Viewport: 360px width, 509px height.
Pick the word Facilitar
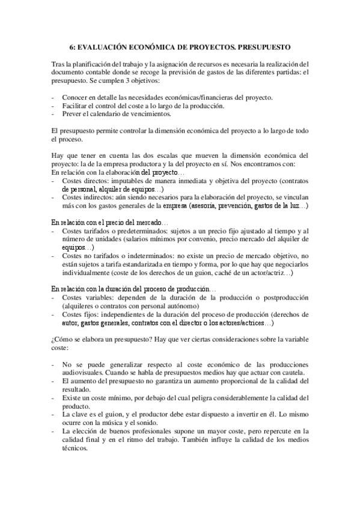[76, 106]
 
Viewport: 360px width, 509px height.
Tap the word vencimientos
[152, 113]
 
